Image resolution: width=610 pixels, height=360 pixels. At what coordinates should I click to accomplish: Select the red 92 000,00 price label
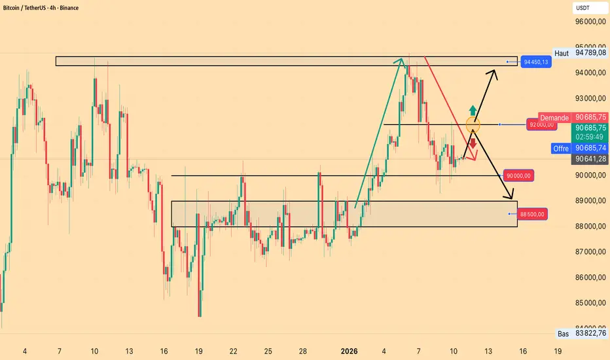pos(541,124)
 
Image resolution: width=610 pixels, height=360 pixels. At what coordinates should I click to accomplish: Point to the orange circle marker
pos(473,124)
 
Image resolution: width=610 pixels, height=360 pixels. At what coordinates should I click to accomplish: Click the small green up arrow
pos(473,109)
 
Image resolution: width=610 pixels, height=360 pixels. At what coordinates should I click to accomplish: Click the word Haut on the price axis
pos(561,53)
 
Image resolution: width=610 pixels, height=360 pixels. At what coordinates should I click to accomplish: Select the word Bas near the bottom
pos(562,334)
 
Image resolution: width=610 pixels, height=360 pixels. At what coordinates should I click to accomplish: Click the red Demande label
pos(554,118)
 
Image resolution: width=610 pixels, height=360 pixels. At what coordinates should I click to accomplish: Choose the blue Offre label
pos(560,149)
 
